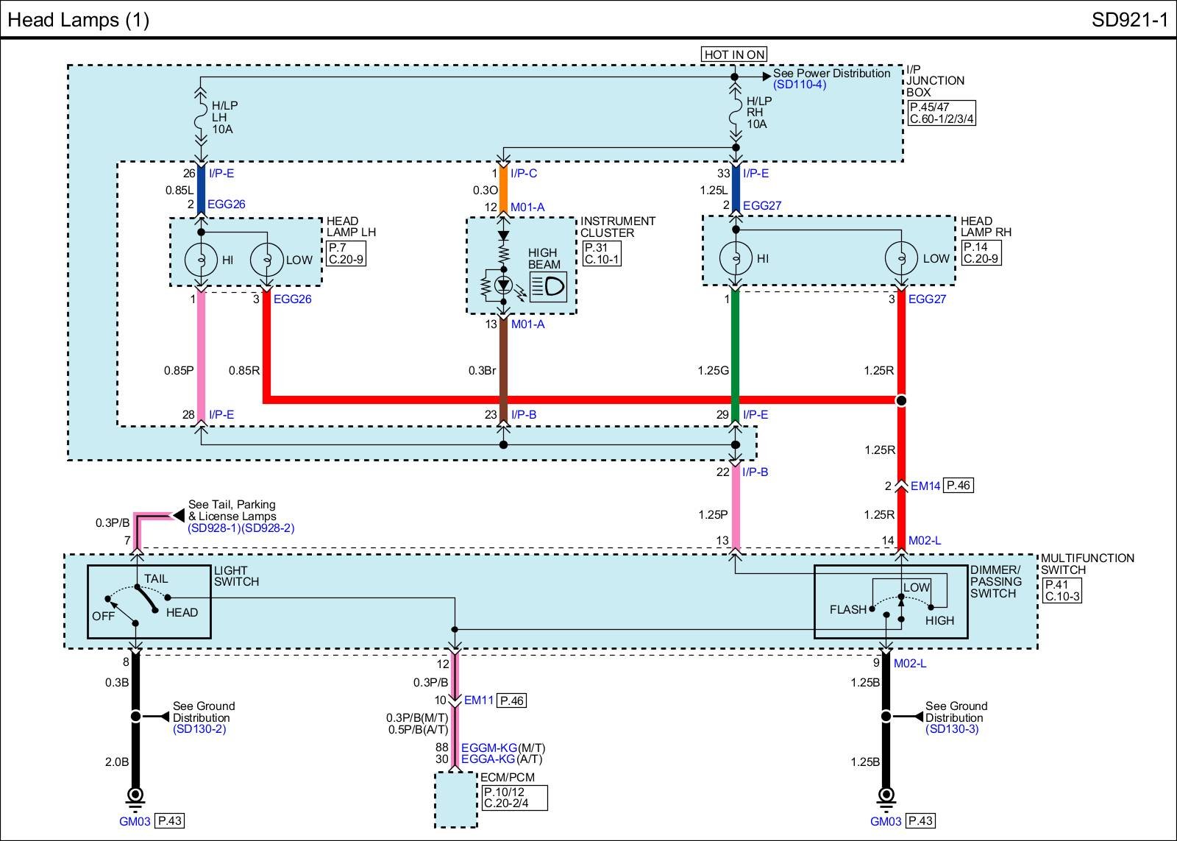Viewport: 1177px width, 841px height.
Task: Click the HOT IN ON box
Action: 733,54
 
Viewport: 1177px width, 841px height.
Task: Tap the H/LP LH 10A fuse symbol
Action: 200,117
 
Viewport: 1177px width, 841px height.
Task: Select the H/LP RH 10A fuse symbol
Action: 736,113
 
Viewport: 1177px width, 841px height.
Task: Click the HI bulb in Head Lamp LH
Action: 201,260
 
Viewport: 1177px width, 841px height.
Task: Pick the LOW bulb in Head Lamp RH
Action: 901,258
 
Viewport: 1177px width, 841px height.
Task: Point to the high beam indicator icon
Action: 548,286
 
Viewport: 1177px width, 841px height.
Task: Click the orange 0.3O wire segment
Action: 503,189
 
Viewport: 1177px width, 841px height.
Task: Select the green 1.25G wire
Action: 735,355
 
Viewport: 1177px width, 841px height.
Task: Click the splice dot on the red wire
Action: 901,400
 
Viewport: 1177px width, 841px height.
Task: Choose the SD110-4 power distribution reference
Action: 799,85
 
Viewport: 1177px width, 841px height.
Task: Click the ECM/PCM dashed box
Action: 455,800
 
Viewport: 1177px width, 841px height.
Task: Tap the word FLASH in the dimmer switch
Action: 847,609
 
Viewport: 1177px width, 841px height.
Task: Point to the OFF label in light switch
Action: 103,616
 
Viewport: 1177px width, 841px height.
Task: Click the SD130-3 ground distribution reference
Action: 952,729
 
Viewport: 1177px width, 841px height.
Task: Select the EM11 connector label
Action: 479,700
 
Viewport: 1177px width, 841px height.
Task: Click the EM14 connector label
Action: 925,486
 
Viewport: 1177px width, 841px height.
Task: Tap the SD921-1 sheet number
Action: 1129,20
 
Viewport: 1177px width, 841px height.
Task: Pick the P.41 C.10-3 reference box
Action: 1062,590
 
